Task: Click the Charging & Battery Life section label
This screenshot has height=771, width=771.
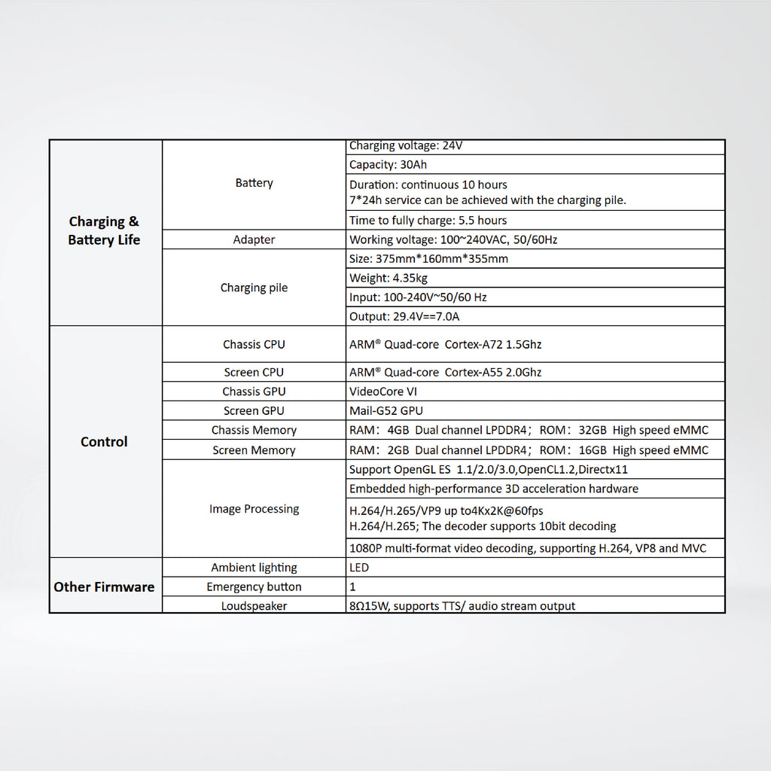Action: pos(104,230)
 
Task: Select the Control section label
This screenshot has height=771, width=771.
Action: pos(104,442)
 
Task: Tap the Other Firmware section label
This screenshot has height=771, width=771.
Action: pos(104,587)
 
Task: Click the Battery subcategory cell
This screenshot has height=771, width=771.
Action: pos(254,183)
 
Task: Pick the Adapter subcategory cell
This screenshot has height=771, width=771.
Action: pos(254,239)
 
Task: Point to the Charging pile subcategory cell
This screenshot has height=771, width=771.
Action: pos(254,288)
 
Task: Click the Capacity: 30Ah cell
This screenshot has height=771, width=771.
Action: pos(389,165)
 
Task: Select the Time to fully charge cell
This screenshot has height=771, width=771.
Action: pos(428,221)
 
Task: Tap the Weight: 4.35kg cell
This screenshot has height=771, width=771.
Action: pos(389,278)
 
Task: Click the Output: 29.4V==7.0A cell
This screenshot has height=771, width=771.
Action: pos(404,317)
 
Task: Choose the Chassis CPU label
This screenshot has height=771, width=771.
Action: pos(254,345)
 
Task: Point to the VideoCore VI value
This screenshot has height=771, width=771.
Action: pos(383,392)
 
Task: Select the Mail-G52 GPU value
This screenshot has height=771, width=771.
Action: pos(386,411)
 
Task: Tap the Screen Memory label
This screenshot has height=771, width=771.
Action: pos(254,450)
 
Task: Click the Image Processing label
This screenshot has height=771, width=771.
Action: pos(254,509)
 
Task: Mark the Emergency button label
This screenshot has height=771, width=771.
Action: pos(254,587)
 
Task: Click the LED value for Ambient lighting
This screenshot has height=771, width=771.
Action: pos(359,568)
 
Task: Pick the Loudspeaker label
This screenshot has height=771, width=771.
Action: pos(254,606)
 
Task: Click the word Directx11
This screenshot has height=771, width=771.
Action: pos(612,470)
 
